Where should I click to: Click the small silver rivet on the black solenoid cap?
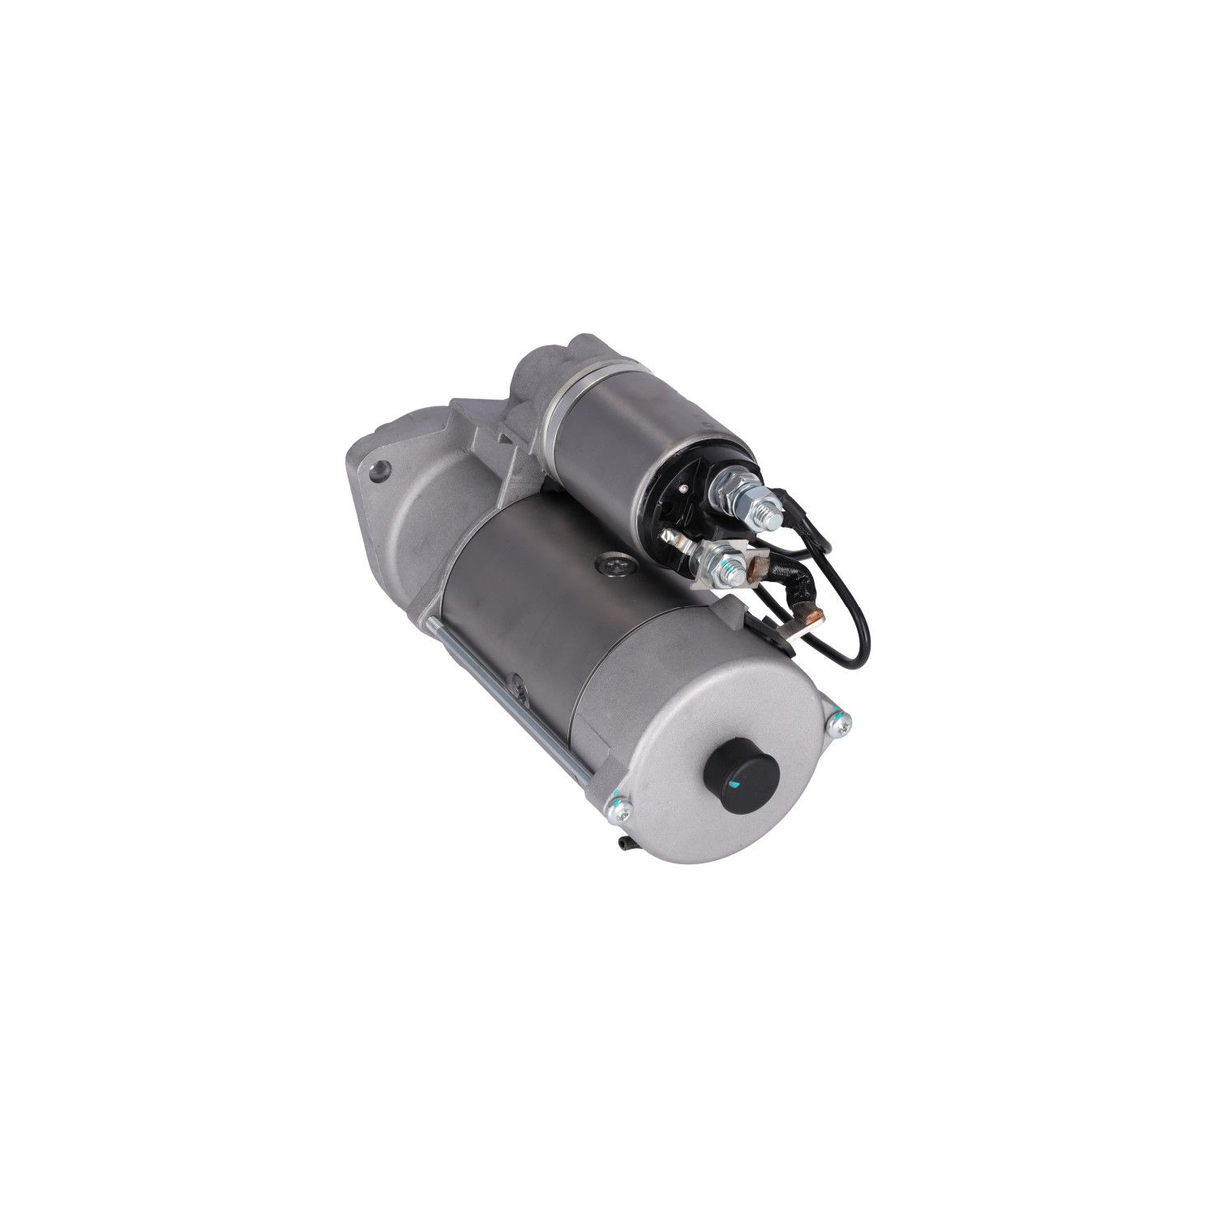[x=683, y=488]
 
